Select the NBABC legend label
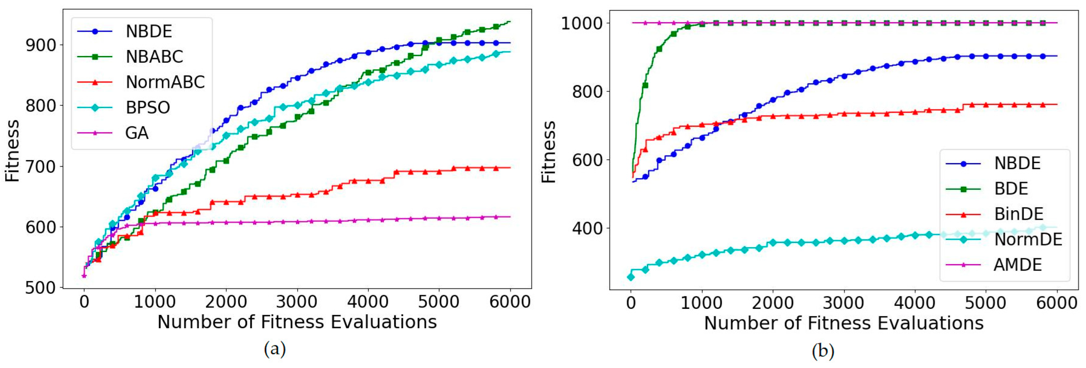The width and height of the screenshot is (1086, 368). [154, 57]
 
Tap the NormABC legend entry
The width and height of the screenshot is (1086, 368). [165, 82]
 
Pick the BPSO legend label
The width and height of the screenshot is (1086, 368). [148, 108]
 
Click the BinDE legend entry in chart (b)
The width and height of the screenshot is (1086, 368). [1018, 214]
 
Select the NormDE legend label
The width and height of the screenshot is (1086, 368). [1028, 240]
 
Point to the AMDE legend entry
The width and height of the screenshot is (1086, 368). [1017, 265]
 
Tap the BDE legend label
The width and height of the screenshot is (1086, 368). [1010, 189]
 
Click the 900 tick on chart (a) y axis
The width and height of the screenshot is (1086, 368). [40, 45]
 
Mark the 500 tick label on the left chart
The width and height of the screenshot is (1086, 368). [40, 288]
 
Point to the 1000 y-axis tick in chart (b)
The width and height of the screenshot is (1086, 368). [581, 23]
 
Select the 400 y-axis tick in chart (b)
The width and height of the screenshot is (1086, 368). [587, 228]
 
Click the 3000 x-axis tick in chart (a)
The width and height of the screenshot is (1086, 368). [297, 302]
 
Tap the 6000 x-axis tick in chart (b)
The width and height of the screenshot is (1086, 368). [1056, 303]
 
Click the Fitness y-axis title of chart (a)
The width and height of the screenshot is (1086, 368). [13, 151]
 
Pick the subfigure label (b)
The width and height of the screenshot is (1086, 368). [823, 351]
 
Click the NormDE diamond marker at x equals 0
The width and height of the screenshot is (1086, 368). [631, 277]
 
